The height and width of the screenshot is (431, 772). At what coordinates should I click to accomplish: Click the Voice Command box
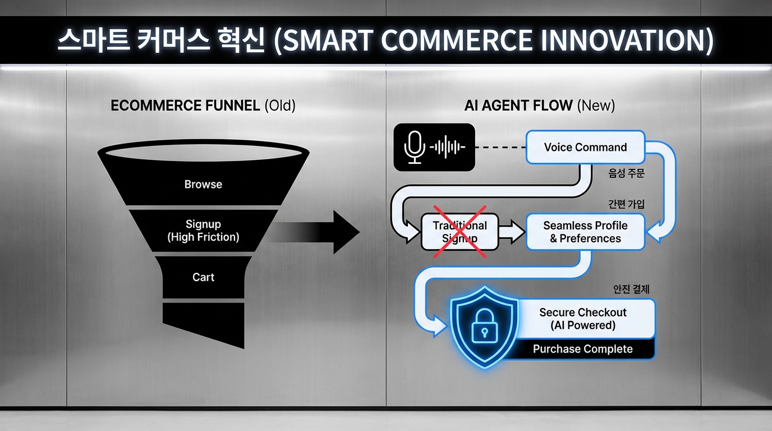coord(585,147)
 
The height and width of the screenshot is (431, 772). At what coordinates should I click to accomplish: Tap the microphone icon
coord(414,147)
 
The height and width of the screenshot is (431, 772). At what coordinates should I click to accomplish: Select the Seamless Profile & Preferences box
coord(585,232)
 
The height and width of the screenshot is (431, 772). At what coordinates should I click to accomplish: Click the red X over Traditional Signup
coord(459,232)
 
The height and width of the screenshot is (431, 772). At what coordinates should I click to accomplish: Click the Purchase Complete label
coord(583,349)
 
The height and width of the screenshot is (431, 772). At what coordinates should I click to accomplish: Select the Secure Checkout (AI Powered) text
coord(583,319)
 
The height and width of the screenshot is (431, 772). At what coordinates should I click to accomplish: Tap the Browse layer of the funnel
coord(203,185)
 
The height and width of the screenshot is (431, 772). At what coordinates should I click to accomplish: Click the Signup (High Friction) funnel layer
coord(203,230)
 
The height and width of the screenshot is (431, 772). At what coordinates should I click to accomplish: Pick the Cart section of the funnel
coord(203,277)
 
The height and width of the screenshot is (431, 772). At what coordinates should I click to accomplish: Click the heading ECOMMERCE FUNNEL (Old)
coord(203,106)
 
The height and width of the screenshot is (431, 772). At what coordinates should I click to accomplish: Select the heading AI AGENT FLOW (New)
coord(539,106)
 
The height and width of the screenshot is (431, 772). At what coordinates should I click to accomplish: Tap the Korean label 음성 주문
coord(626,173)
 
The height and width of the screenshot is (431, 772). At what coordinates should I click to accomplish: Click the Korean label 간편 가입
coord(626,204)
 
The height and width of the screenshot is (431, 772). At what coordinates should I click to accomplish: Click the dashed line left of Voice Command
coord(500,147)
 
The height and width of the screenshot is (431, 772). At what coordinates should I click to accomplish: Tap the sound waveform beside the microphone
coord(447,147)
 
